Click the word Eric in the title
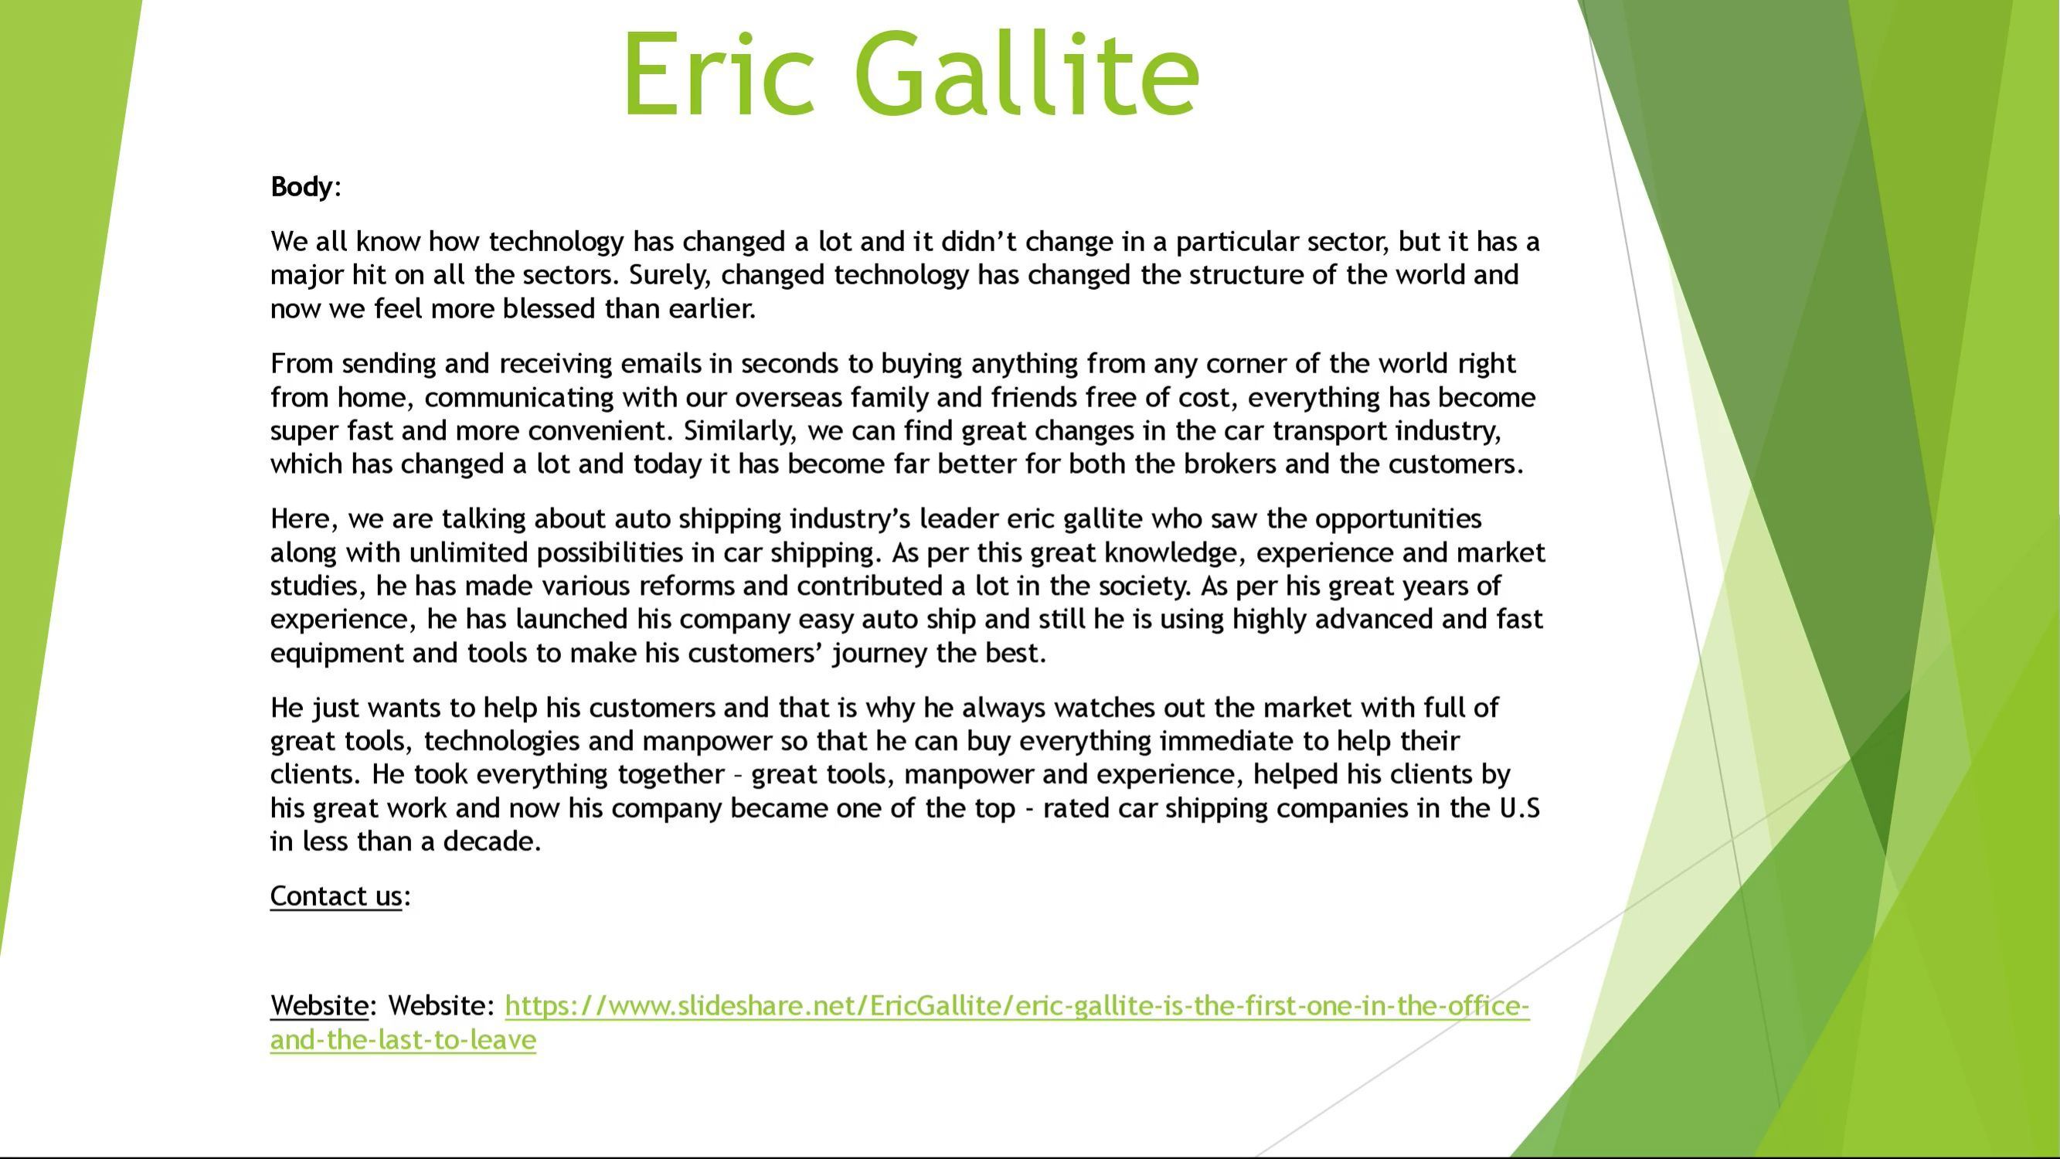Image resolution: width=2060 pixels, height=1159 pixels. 718,73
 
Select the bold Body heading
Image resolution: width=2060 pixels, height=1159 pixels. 301,187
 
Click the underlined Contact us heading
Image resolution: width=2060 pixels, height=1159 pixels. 336,896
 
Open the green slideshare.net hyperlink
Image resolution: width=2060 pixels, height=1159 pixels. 899,1022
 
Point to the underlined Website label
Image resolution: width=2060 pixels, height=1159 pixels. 319,1005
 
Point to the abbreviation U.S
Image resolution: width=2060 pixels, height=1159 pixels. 1519,808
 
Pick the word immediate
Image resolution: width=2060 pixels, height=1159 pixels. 1227,742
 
